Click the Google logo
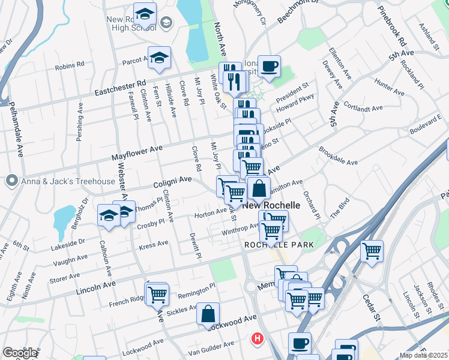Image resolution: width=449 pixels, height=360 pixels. click(x=20, y=353)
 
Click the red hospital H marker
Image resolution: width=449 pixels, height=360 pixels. click(x=258, y=339)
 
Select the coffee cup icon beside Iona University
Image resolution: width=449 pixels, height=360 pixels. click(x=270, y=66)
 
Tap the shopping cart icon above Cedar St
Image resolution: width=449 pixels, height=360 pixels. click(x=372, y=250)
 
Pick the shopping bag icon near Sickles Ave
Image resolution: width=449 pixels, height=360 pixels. click(x=208, y=314)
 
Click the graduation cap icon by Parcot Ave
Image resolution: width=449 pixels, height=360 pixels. click(x=159, y=58)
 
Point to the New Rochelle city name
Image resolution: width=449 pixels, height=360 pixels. click(x=271, y=205)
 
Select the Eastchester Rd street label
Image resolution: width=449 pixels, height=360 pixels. click(x=121, y=88)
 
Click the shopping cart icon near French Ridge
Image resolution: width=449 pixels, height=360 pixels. click(x=157, y=294)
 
